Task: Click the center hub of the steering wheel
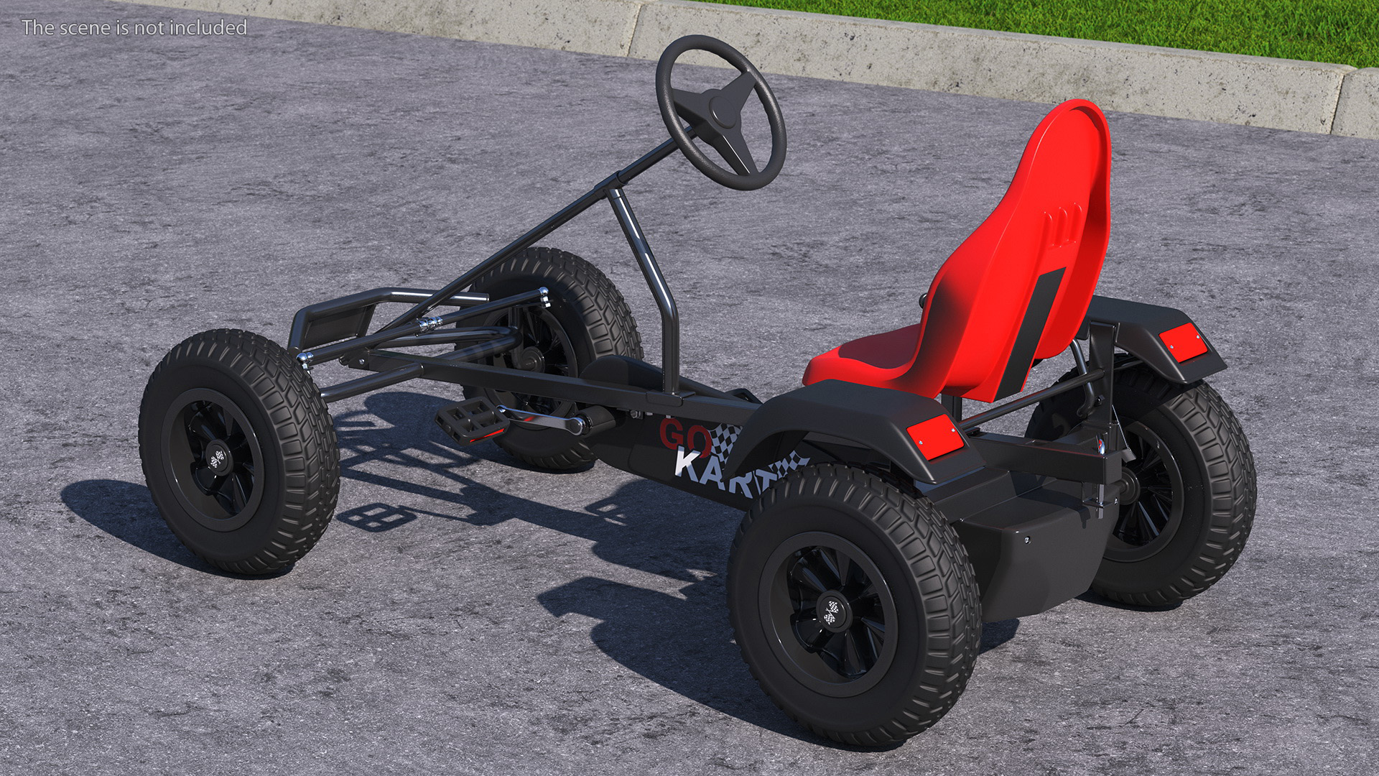click(x=721, y=109)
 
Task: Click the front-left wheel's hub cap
click(x=218, y=458)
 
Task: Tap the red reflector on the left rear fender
click(x=935, y=434)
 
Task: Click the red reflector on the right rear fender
click(x=1181, y=343)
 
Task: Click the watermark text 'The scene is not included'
click(x=134, y=27)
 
